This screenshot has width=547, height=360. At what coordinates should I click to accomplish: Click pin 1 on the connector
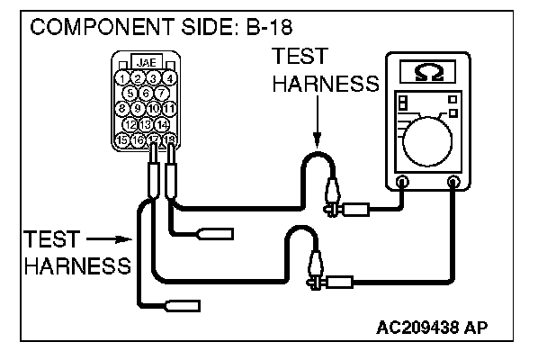pos(122,78)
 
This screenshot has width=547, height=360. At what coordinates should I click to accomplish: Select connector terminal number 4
pos(168,78)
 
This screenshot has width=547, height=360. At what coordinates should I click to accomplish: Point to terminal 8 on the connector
pos(122,109)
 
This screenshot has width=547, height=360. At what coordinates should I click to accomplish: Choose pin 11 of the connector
pos(168,109)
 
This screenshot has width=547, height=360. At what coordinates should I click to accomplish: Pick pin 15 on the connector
pos(122,139)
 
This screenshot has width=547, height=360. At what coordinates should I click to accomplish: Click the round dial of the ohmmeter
pos(429,141)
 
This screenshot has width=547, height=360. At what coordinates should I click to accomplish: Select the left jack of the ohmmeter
pos(402,183)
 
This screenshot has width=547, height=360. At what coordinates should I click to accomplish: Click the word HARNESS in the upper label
pos(324,85)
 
